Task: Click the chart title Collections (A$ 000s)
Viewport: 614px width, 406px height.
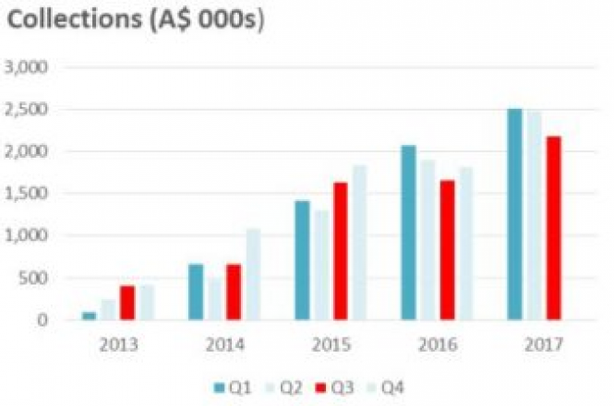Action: coord(136,21)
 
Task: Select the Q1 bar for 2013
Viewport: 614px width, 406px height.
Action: coord(90,316)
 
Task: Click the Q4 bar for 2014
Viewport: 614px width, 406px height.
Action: coord(253,274)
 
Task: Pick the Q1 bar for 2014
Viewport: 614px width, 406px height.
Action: coord(196,293)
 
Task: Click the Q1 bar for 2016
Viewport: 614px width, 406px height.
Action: coord(409,233)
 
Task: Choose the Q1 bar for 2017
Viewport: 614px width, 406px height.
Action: coord(514,214)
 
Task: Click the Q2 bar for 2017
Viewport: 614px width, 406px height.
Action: coord(534,215)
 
